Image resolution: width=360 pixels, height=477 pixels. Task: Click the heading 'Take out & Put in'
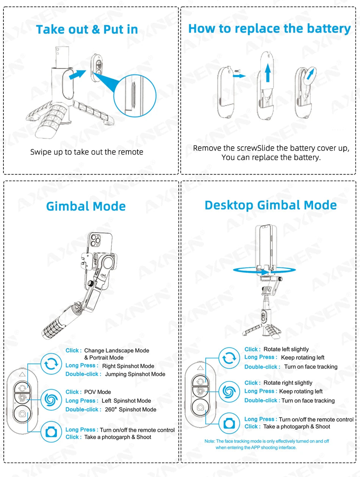coord(87,30)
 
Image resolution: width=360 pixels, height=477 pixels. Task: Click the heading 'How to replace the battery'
coord(269,28)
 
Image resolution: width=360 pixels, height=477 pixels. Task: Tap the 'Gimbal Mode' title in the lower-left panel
coord(86,206)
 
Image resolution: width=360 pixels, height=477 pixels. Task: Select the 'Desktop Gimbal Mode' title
coord(271,205)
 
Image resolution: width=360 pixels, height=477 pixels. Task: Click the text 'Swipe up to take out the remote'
coord(87,152)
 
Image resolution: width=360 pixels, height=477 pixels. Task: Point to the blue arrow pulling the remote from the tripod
coord(77,74)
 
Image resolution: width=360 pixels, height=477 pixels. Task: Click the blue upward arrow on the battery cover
coord(268,72)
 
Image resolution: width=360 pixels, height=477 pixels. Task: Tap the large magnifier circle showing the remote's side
coord(135,94)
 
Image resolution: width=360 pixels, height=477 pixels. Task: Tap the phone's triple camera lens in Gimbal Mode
coord(95,241)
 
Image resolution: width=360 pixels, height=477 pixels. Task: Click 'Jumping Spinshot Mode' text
coord(135,374)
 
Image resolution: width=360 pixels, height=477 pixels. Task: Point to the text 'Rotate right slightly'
coord(288,383)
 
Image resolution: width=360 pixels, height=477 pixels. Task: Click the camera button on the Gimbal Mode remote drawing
coord(22,414)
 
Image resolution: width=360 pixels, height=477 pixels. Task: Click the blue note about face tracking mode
coord(266,444)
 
